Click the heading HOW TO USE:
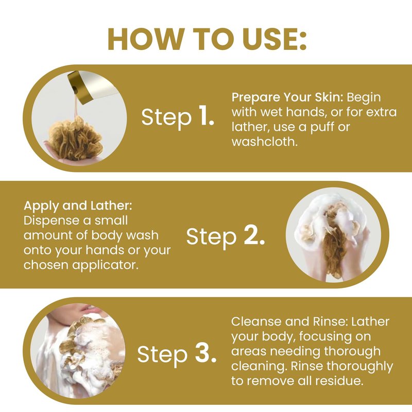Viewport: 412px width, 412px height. pyautogui.click(x=207, y=39)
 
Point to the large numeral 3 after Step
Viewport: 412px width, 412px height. pyautogui.click(x=205, y=353)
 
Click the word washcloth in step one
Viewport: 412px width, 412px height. pyautogui.click(x=265, y=142)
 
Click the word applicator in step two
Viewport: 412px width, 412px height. pyautogui.click(x=106, y=265)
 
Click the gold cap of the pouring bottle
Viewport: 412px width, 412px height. pyautogui.click(x=80, y=88)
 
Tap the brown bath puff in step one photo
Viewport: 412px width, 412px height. pyautogui.click(x=75, y=139)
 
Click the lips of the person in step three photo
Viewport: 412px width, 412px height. pyautogui.click(x=88, y=307)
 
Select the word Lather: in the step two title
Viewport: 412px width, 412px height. pyautogui.click(x=111, y=205)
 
